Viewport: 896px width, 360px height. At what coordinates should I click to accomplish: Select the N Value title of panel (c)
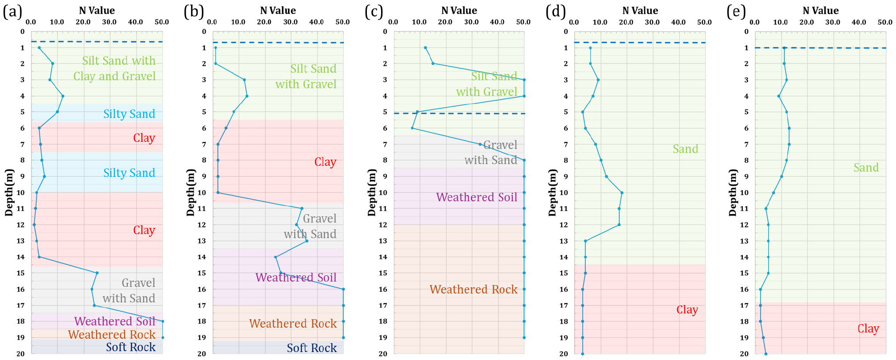coord(459,11)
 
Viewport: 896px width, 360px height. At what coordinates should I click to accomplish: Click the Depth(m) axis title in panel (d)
coord(552,192)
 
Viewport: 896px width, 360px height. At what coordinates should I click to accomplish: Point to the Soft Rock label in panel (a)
coord(131,347)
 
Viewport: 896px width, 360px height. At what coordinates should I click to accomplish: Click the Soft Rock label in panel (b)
coord(312,348)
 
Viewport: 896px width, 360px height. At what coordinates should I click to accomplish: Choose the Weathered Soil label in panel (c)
coord(477,197)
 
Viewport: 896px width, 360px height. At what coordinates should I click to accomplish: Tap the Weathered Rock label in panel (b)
coord(293,324)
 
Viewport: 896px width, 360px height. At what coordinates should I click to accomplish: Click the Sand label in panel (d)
coord(685,149)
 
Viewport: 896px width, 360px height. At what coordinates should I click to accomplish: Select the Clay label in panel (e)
coord(868,329)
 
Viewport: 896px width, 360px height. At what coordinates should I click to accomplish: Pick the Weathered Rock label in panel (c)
coord(473,290)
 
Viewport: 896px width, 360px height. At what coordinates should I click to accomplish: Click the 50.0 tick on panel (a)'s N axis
coord(162,22)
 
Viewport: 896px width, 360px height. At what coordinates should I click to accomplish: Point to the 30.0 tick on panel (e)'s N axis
coord(833,22)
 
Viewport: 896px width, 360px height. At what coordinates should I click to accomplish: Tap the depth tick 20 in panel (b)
coord(202,354)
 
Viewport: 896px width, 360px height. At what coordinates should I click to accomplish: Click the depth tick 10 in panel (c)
coord(383,192)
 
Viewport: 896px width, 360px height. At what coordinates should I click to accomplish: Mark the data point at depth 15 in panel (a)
coord(97,273)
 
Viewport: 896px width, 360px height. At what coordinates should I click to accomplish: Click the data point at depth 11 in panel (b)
coord(302,208)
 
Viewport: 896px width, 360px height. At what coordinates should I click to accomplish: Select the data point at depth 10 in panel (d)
coord(622,192)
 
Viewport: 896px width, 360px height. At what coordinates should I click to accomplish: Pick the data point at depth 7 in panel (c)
coord(480,144)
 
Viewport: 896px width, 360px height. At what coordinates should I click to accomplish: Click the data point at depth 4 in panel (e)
coord(779,96)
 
